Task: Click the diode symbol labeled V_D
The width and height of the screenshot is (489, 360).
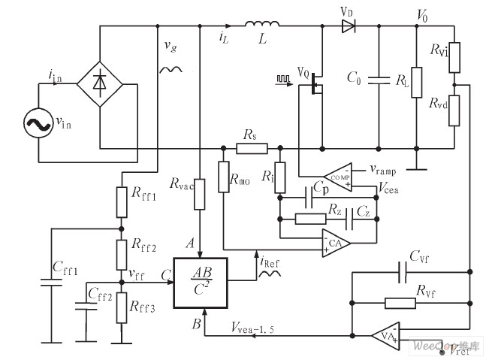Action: point(347,26)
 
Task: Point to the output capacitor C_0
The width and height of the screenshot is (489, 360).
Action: point(379,77)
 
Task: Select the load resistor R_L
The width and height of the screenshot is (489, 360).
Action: point(416,80)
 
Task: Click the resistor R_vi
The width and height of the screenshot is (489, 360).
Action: point(454,56)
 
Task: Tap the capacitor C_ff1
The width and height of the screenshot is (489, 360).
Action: point(52,284)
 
